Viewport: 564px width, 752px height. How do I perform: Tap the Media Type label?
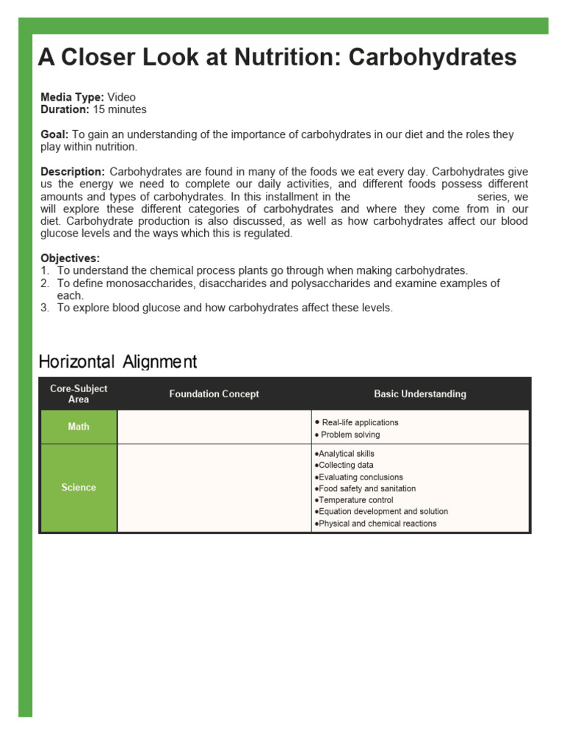[72, 97]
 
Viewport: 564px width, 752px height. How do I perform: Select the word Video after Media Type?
[121, 97]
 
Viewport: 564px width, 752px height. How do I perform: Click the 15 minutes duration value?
[119, 109]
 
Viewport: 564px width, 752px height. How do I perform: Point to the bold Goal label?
[54, 134]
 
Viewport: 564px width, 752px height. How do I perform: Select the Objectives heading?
[70, 258]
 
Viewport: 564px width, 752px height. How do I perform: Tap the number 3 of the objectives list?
[44, 308]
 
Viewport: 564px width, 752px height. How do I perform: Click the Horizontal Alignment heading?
[117, 361]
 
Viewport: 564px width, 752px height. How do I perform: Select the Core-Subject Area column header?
[79, 394]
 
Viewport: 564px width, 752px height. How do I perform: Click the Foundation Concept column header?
[214, 394]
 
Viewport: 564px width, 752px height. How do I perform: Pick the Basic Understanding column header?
[420, 394]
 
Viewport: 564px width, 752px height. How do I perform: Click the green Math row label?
[79, 427]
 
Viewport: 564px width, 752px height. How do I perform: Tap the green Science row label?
[79, 488]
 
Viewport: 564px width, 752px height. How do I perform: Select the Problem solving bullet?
[350, 435]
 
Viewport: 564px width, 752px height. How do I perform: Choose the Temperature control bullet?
[355, 500]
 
